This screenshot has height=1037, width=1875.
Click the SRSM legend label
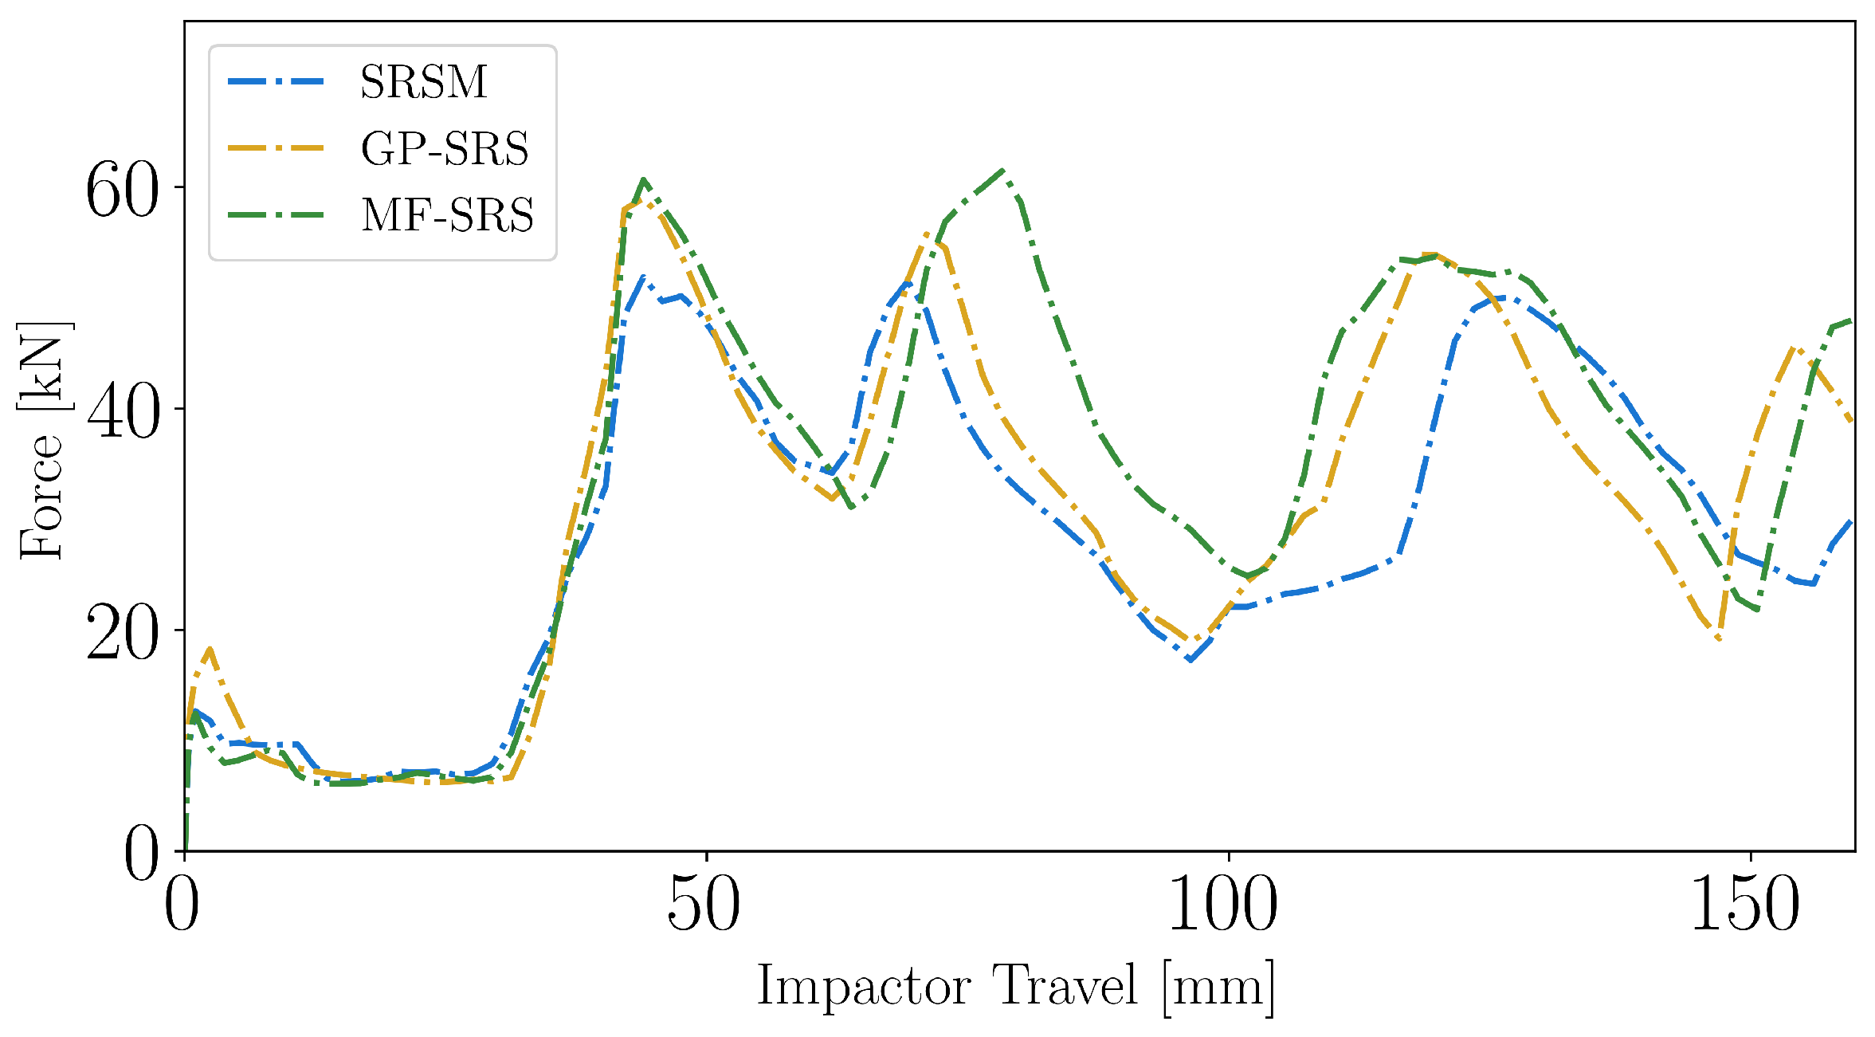coord(423,82)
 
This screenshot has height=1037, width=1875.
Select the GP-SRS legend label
coord(445,149)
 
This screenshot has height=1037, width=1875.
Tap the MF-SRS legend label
coord(447,215)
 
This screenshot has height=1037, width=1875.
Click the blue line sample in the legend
coord(276,81)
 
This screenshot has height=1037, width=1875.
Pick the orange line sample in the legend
coord(276,148)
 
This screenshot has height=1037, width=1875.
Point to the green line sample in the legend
coord(276,215)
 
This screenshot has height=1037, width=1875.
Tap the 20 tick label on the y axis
coord(122,633)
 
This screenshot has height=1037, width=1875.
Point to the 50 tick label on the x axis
coord(705,905)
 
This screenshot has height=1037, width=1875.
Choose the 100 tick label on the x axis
coord(1223,905)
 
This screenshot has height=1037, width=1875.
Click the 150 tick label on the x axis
coord(1745,905)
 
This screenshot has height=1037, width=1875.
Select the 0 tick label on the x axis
coord(182,905)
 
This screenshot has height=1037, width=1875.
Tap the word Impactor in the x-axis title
coord(863,987)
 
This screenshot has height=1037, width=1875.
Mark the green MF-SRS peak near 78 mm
coord(1002,171)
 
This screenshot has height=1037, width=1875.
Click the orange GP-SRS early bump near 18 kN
coord(209,649)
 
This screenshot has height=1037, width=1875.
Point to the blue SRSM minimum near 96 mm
coord(1190,659)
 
